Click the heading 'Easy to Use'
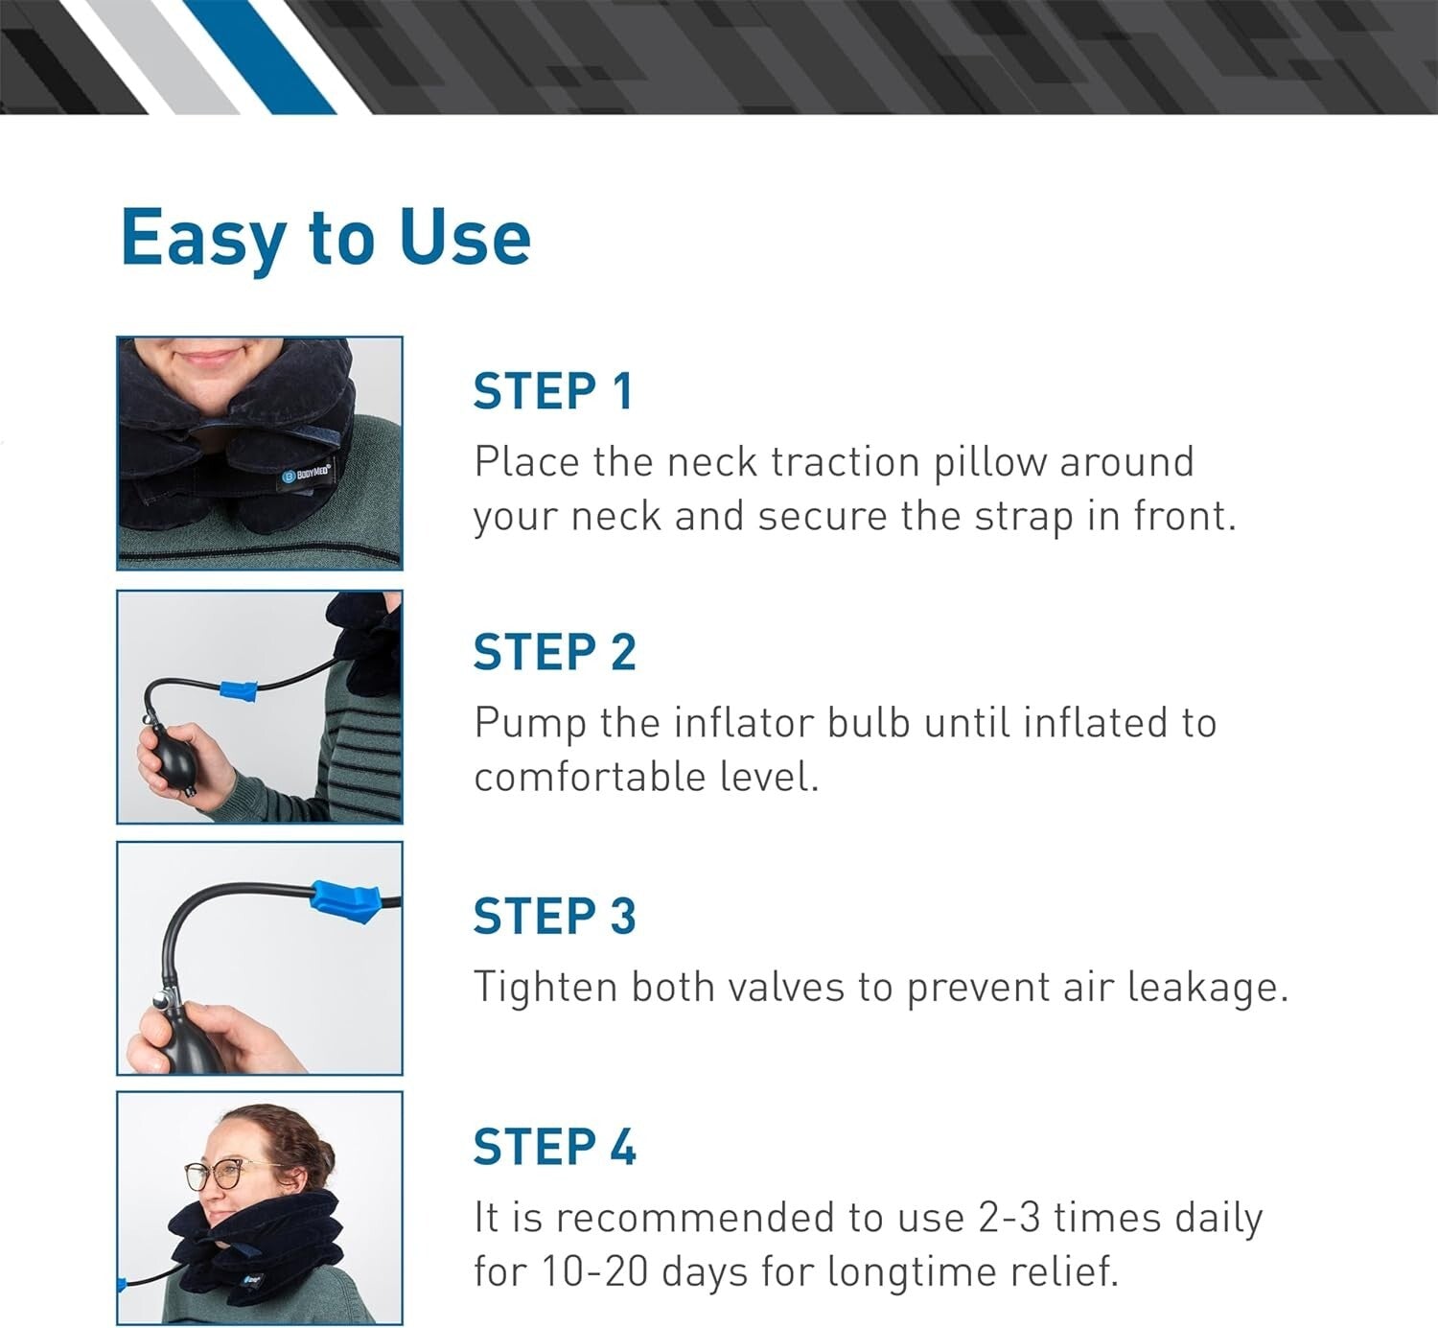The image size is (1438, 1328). click(x=325, y=237)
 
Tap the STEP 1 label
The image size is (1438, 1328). click(x=553, y=391)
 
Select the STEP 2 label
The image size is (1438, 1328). click(x=554, y=652)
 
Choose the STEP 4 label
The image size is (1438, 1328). click(x=554, y=1147)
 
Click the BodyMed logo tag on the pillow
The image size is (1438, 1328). click(x=307, y=474)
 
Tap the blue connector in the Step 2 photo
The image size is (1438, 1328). click(x=239, y=688)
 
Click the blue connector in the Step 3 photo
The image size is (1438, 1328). click(x=343, y=899)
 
